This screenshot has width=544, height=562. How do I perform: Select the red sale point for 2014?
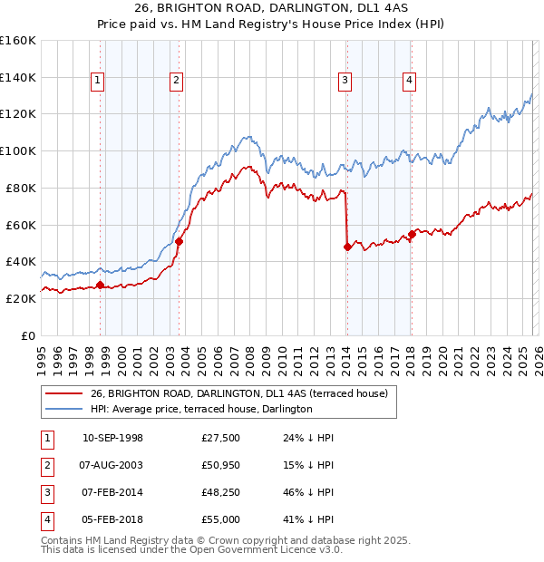tap(346, 246)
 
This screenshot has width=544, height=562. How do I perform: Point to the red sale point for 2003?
tap(179, 241)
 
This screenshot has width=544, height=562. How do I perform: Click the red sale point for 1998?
tap(100, 285)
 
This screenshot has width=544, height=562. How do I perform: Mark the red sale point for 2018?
tap(411, 234)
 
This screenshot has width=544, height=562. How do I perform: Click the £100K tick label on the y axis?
tap(18, 150)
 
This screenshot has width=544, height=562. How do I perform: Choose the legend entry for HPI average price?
tap(201, 409)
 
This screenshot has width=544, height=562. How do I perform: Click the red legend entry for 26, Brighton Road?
tap(238, 393)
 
